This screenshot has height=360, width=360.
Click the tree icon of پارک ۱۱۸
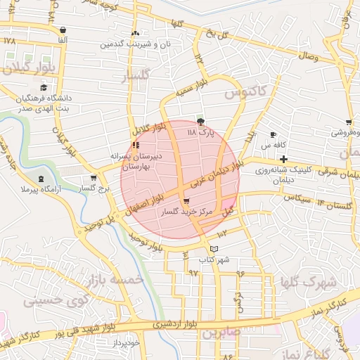(202, 122)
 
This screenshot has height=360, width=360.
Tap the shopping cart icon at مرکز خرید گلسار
(186, 201)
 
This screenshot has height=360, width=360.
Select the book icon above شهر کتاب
(214, 250)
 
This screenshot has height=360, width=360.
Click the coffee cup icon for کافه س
(273, 134)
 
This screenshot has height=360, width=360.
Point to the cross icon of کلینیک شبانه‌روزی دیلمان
(283, 159)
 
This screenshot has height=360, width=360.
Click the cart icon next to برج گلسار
(94, 179)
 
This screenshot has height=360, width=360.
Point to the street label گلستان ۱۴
(334, 203)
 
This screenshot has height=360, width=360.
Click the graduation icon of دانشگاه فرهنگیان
(44, 88)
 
